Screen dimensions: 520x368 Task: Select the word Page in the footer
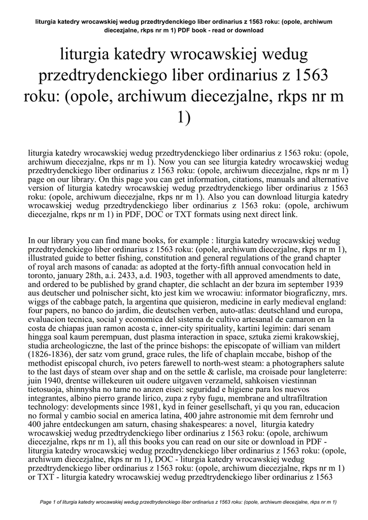click(x=46, y=502)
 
